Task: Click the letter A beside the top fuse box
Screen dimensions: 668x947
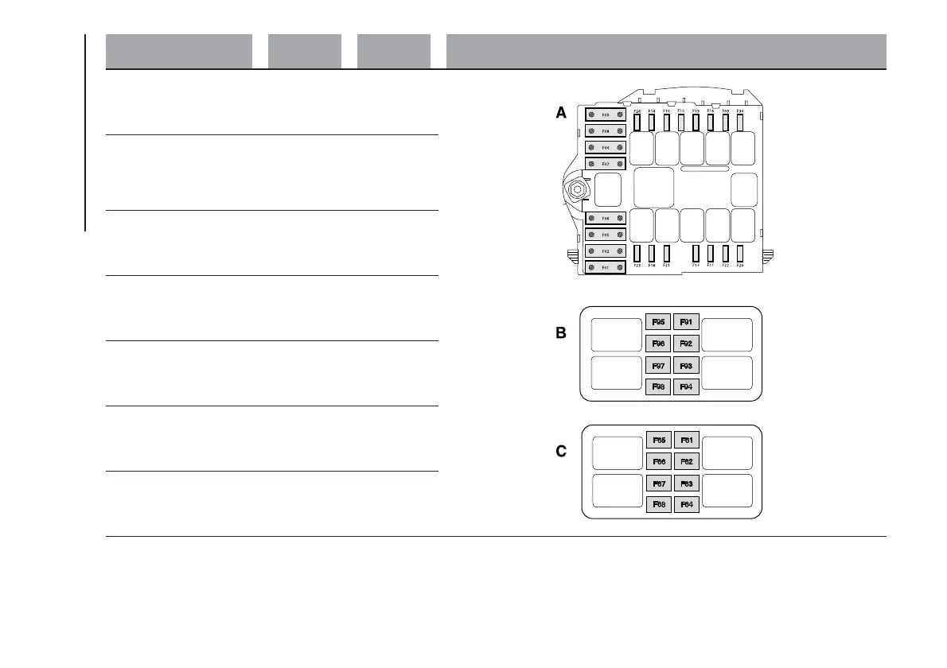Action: coord(561,114)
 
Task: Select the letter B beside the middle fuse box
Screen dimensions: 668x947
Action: coord(561,334)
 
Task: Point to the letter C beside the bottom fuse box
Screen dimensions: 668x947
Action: coord(561,452)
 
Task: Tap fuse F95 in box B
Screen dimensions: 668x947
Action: coord(658,322)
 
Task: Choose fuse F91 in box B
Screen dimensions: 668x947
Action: coord(686,322)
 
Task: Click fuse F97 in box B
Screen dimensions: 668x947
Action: coord(658,366)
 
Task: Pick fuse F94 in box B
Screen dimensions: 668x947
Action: coord(686,387)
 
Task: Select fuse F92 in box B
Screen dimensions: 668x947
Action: coord(686,344)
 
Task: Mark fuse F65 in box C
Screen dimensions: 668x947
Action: coord(658,440)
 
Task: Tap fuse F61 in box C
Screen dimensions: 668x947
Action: coord(686,440)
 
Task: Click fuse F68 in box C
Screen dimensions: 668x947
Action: coord(658,504)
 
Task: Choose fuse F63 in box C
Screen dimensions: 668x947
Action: coord(686,483)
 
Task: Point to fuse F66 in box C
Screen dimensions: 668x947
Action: coord(658,461)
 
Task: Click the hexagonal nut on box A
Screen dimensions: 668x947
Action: coord(575,189)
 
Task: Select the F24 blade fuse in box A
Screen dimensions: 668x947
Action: coord(637,122)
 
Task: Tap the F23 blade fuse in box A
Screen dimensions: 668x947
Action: coord(637,254)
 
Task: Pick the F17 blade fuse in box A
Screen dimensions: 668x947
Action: coord(696,254)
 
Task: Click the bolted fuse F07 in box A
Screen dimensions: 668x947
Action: coord(606,164)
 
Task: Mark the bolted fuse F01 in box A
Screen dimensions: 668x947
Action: coord(606,268)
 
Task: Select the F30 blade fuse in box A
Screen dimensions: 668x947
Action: coord(740,122)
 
